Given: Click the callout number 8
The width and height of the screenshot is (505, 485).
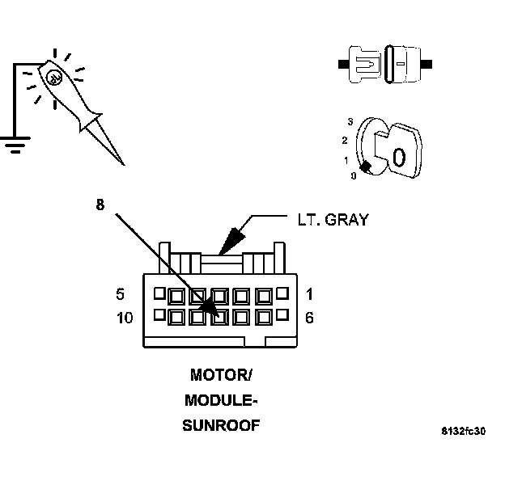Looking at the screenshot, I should (100, 205).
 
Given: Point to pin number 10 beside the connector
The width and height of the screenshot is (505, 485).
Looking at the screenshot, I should (124, 318).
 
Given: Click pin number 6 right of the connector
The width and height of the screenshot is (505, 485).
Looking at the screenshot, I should (308, 318).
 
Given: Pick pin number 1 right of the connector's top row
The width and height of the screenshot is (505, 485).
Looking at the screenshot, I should (308, 293).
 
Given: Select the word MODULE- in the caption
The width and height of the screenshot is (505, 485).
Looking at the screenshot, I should (221, 400).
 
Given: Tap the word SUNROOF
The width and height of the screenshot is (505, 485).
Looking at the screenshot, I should (221, 425).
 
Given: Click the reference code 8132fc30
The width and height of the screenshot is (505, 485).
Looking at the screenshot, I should (464, 431).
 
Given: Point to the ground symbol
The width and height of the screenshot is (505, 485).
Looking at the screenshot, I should (14, 144).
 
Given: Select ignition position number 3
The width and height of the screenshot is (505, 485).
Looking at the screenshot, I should (350, 120).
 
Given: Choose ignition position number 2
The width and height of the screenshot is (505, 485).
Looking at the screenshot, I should (344, 140).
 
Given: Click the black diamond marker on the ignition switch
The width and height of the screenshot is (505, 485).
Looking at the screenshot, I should (365, 167).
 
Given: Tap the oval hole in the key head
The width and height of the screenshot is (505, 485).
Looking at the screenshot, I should (398, 155).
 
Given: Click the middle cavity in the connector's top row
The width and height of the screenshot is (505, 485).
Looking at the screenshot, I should (219, 295).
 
